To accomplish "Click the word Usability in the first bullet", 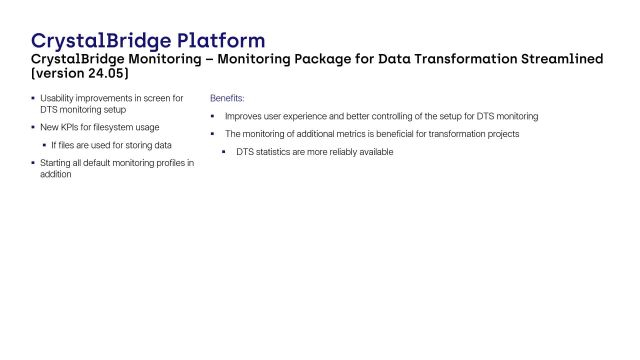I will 58,98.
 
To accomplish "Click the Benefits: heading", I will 227,99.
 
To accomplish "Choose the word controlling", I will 397,116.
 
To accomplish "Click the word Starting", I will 56,162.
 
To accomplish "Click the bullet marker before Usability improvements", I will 33,98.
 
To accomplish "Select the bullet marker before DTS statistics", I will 224,152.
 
